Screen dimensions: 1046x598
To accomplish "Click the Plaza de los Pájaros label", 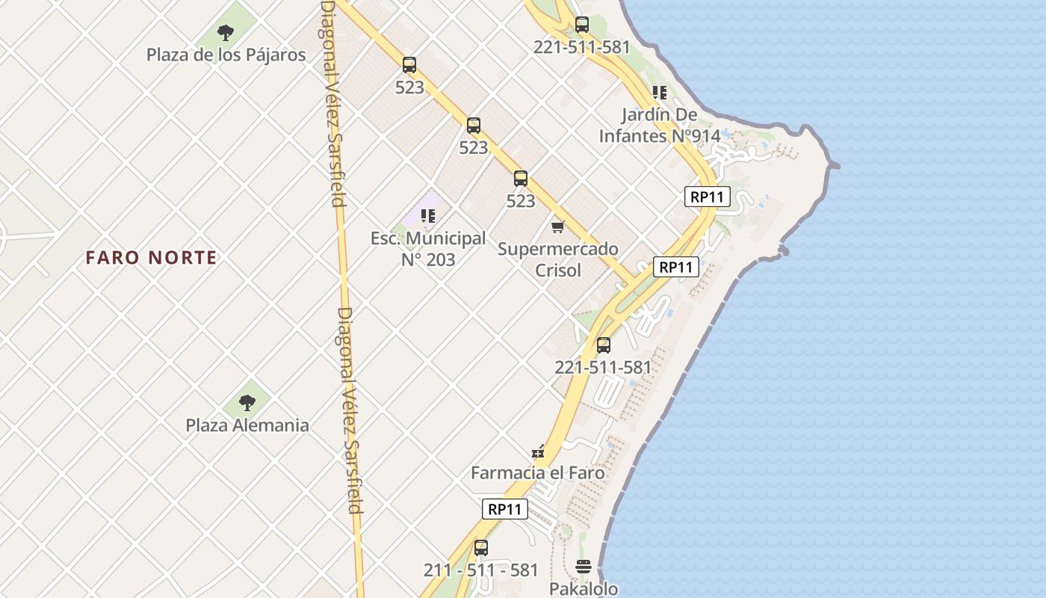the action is pos(226,55).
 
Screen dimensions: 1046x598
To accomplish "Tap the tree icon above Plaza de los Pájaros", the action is pos(226,32).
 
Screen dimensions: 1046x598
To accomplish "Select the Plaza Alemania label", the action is pos(247,425).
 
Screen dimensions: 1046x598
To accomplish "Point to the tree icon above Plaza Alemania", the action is pos(247,403).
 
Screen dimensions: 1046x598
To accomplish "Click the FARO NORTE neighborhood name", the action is pos(151,258).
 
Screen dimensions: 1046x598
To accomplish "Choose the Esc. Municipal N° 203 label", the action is pos(428,249).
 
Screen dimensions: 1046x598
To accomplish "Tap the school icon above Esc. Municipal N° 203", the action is pos(428,216).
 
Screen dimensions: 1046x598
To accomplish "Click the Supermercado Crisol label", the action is pos(558,259).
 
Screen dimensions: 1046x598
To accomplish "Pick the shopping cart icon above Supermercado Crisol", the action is pos(558,226).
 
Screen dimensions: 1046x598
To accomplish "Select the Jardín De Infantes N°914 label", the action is pos(659,126).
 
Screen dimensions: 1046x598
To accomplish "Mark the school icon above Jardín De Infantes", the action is pos(659,93).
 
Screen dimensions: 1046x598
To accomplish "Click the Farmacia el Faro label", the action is pos(538,473).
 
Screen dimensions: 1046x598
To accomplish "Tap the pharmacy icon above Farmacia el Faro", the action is pos(538,451).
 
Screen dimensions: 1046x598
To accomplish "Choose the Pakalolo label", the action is pos(584,588).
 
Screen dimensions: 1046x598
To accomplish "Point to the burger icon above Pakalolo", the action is pos(584,566).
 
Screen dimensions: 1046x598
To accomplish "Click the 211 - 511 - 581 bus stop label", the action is pos(481,570).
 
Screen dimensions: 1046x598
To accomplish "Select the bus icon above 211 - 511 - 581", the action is pos(481,547).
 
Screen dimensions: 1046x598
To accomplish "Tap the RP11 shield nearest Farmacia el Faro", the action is pos(504,509).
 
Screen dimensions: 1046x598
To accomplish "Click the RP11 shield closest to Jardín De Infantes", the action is pos(707,197).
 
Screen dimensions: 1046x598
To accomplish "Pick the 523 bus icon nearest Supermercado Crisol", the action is pos(521,179).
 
